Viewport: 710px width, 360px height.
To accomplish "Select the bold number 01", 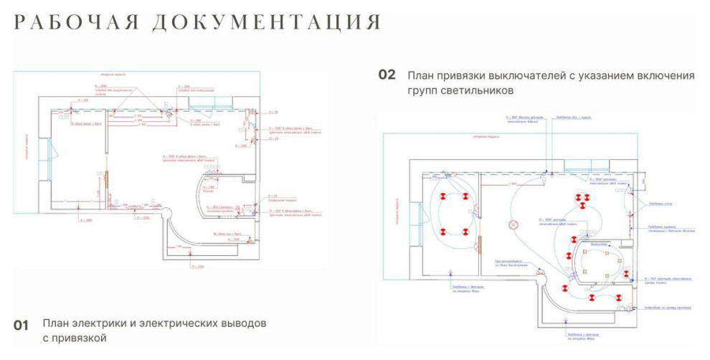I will pyautogui.click(x=22, y=326).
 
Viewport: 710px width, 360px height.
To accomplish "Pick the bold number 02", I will pyautogui.click(x=387, y=75).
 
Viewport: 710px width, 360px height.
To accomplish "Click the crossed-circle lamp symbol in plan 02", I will pyautogui.click(x=513, y=224).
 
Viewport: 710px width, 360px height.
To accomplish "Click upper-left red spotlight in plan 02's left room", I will pyautogui.click(x=443, y=196).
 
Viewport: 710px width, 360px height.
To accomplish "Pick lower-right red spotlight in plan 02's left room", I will pyautogui.click(x=465, y=232).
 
